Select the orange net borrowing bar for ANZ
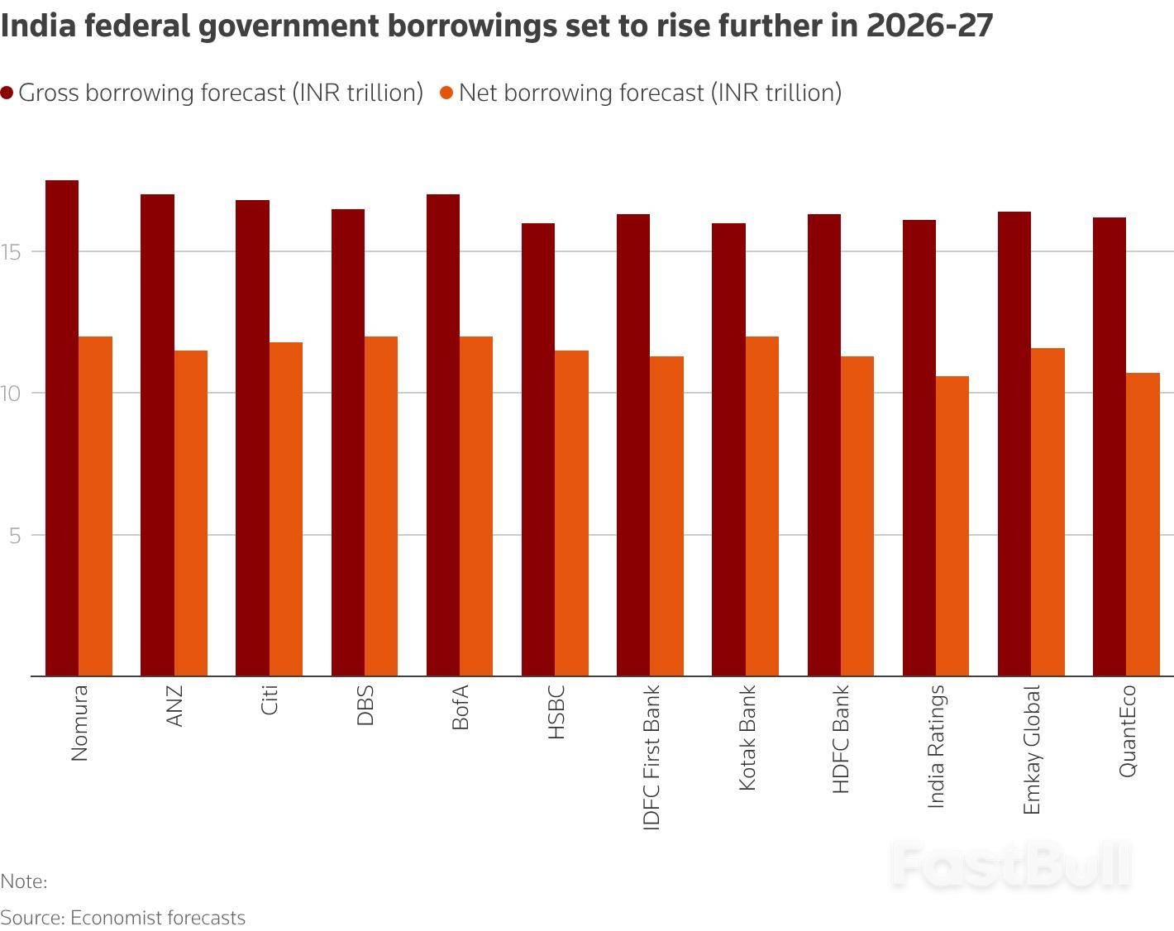(191, 513)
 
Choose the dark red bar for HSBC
(538, 450)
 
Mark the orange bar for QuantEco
(1143, 524)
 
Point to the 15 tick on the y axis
(12, 251)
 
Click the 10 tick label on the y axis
(12, 393)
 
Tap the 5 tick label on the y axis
(15, 535)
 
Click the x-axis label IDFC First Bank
(651, 757)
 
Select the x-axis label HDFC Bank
(841, 738)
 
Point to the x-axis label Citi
(270, 699)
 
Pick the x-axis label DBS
(365, 705)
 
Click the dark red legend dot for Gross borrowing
(7, 93)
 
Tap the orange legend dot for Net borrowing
(447, 93)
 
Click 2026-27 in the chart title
(929, 26)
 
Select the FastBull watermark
(1010, 866)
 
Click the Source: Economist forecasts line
(123, 918)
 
